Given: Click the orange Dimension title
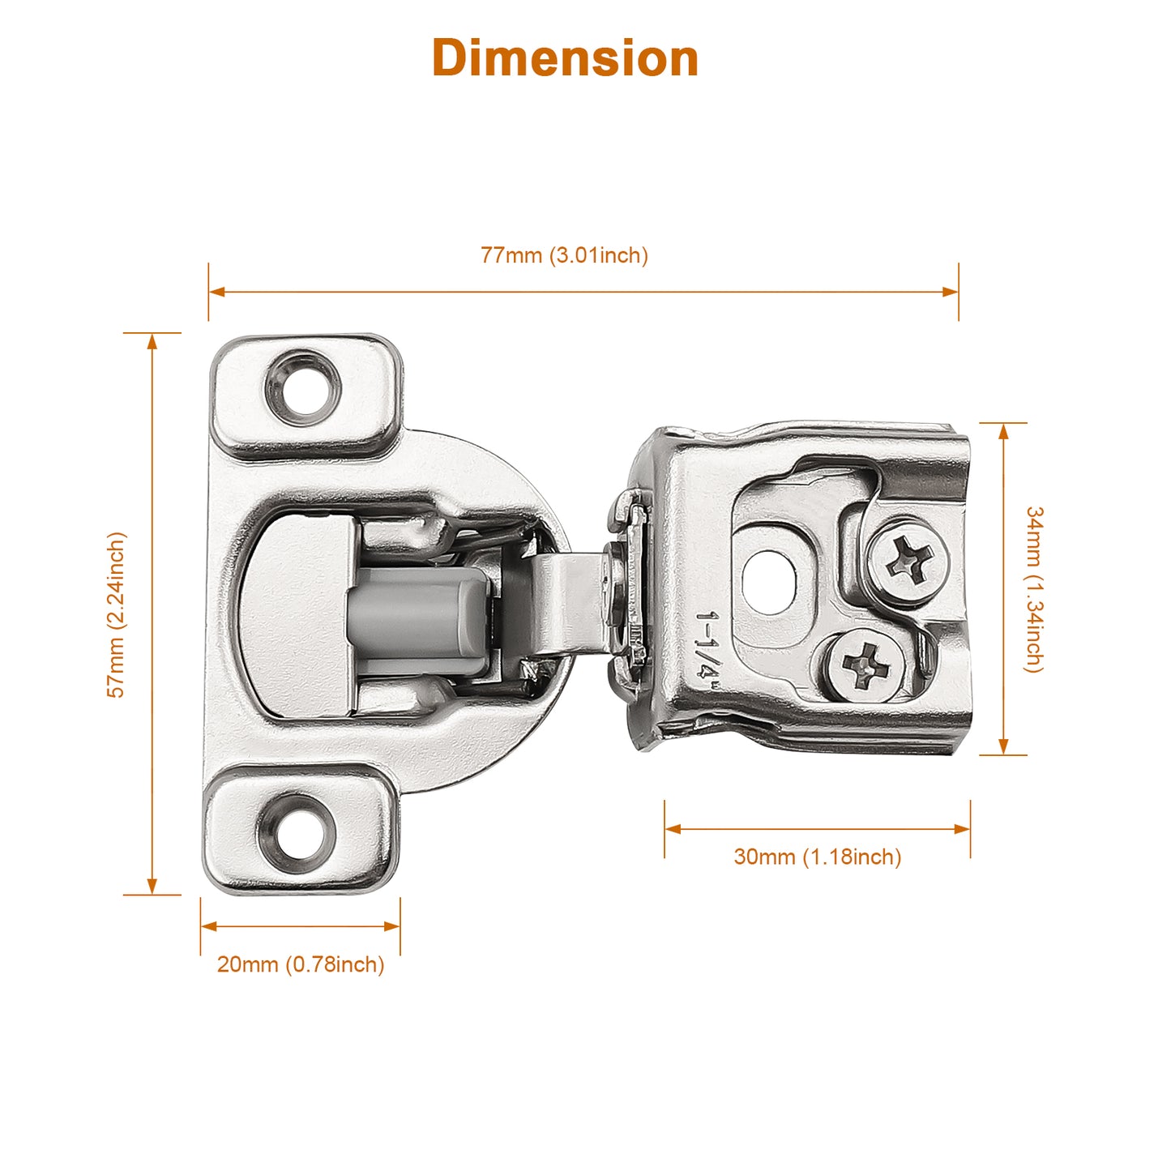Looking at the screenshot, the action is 565,58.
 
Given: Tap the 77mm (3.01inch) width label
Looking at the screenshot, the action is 564,255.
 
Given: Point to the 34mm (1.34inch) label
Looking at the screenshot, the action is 1034,589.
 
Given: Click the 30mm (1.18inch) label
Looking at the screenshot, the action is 818,857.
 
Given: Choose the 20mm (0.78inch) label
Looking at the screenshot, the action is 301,964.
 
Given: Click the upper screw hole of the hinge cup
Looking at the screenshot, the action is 303,387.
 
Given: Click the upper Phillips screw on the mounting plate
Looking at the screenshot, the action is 908,561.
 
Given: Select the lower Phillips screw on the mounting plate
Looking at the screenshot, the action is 865,665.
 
